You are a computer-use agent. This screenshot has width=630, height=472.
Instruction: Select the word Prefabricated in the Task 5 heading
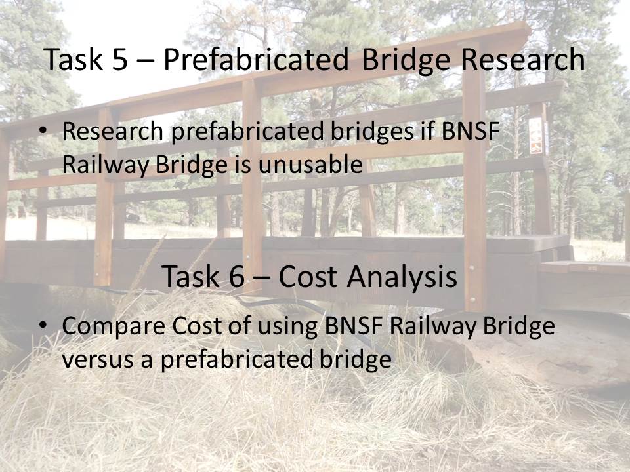pyautogui.click(x=256, y=59)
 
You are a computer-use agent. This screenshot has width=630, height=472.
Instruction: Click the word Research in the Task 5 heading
pyautogui.click(x=522, y=59)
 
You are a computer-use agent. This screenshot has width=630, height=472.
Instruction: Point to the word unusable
pyautogui.click(x=310, y=165)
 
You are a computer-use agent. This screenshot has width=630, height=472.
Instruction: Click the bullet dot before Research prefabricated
pyautogui.click(x=43, y=130)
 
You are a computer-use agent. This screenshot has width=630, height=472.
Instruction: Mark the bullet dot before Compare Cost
pyautogui.click(x=43, y=324)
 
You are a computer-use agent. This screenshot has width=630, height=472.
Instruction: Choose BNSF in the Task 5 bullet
pyautogui.click(x=470, y=131)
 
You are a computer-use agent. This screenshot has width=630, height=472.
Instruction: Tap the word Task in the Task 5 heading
pyautogui.click(x=73, y=59)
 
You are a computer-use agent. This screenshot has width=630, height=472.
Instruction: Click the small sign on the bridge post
pyautogui.click(x=536, y=136)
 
